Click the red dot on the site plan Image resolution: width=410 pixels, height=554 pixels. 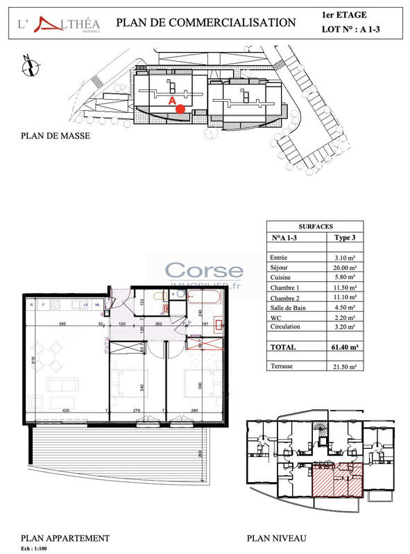[x=180, y=109]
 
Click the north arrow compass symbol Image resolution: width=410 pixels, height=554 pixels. [x=28, y=66]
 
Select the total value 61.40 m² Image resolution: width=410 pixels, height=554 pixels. [x=343, y=347]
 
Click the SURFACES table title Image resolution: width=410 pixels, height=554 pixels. [x=315, y=226]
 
